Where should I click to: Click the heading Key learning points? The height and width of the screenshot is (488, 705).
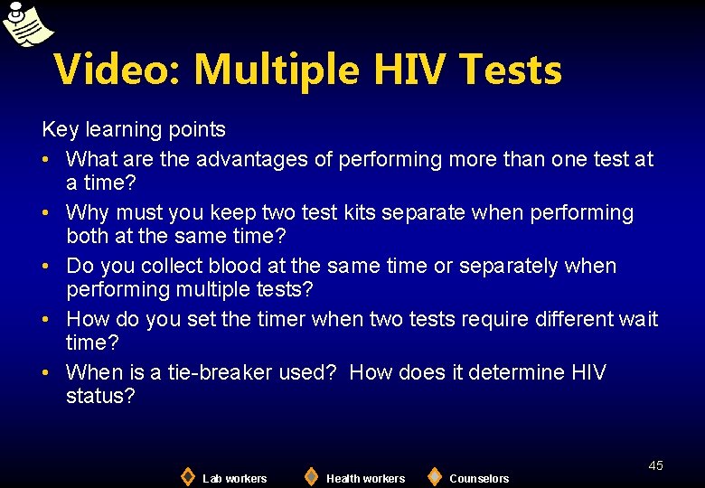pyautogui.click(x=134, y=130)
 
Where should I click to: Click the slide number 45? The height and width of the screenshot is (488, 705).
pyautogui.click(x=655, y=465)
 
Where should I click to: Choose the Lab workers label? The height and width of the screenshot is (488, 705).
pyautogui.click(x=234, y=478)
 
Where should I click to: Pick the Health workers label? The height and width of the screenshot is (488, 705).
pyautogui.click(x=365, y=478)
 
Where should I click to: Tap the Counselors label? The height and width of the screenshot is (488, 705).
pyautogui.click(x=479, y=478)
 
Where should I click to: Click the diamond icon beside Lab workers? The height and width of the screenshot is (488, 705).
pyautogui.click(x=187, y=475)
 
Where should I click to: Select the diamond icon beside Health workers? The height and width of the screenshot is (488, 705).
pyautogui.click(x=311, y=475)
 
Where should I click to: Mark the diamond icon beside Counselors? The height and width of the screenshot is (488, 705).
pyautogui.click(x=434, y=475)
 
